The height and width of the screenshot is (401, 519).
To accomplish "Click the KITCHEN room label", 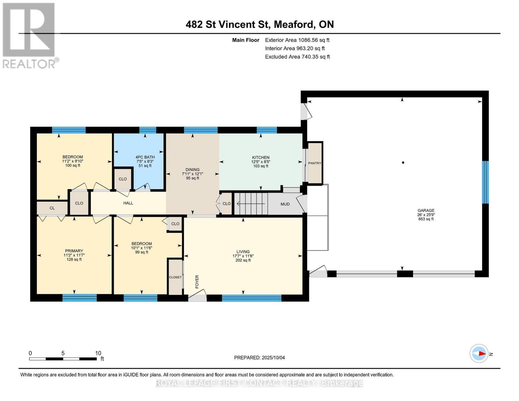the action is pyautogui.click(x=261, y=157).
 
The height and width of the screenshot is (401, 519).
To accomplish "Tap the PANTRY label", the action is pyautogui.click(x=314, y=163).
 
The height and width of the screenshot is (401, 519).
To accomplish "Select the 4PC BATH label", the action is pyautogui.click(x=145, y=157).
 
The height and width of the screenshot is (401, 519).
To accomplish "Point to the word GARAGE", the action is pyautogui.click(x=426, y=211).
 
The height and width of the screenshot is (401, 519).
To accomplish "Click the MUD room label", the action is pyautogui.click(x=285, y=204).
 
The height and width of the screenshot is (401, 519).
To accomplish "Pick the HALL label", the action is pyautogui.click(x=128, y=203).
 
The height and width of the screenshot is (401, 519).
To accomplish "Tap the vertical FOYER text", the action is pyautogui.click(x=197, y=282).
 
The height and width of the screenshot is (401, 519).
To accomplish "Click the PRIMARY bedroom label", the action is pyautogui.click(x=74, y=251).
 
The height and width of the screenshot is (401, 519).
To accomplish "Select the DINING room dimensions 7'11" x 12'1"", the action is pyautogui.click(x=192, y=174).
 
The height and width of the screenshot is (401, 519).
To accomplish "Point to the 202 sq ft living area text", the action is pyautogui.click(x=243, y=260).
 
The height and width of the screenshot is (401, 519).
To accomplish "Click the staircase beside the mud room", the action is pyautogui.click(x=251, y=204).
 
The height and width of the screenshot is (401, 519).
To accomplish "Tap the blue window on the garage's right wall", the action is pyautogui.click(x=485, y=182).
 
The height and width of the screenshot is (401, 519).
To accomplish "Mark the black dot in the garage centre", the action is pyautogui.click(x=403, y=163).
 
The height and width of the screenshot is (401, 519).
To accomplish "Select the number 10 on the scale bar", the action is pyautogui.click(x=98, y=353).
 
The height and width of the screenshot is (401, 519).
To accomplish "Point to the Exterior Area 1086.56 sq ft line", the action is pyautogui.click(x=297, y=40).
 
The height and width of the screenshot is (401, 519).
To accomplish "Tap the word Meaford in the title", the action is pyautogui.click(x=294, y=24).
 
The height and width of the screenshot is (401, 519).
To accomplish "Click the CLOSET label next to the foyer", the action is pyautogui.click(x=175, y=277).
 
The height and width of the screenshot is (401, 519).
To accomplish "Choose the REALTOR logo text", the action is pyautogui.click(x=29, y=64).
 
